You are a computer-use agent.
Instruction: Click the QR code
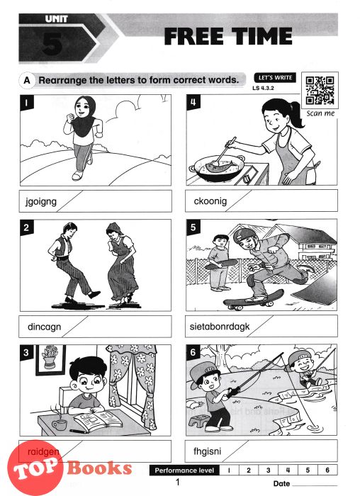click(320, 90)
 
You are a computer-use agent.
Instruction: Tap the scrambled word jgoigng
click(41, 201)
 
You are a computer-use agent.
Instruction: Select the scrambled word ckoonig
click(210, 201)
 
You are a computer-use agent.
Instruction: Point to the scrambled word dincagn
click(44, 327)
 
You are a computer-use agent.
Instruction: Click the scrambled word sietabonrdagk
click(220, 326)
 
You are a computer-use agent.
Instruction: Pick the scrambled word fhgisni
click(207, 451)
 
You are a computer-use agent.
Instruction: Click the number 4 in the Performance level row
click(288, 470)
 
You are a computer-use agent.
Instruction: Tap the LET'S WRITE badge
click(275, 78)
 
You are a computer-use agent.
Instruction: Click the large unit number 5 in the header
click(52, 44)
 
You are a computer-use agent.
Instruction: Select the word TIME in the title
click(261, 36)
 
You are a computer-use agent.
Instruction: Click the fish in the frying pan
click(220, 165)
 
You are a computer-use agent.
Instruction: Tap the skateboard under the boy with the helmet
click(253, 299)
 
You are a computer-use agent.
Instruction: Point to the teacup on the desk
click(59, 424)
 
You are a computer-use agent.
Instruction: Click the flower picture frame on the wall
click(51, 360)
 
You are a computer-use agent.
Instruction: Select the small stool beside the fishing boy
click(198, 421)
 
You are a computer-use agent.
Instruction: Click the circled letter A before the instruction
click(27, 80)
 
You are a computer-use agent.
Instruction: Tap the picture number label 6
click(193, 352)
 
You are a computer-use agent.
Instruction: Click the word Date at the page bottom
click(281, 484)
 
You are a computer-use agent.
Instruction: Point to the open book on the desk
click(98, 421)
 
